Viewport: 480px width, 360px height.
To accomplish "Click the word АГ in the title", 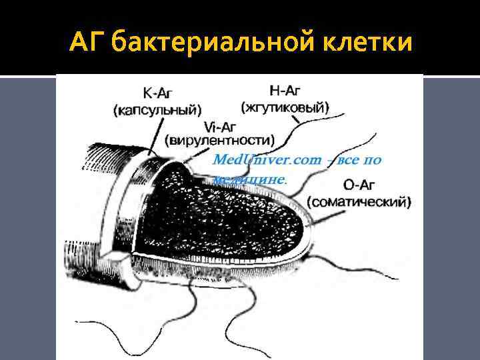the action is coord(87,44).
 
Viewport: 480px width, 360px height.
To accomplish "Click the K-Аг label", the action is coord(157,95).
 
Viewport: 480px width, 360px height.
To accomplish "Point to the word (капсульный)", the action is coord(157,109).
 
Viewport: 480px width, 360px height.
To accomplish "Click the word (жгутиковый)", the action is coord(285,107).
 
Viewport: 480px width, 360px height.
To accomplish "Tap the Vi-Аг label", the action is coord(220,127).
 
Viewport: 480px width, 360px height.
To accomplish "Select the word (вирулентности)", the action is coord(220,141).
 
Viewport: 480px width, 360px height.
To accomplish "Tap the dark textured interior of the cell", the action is coord(220,213).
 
